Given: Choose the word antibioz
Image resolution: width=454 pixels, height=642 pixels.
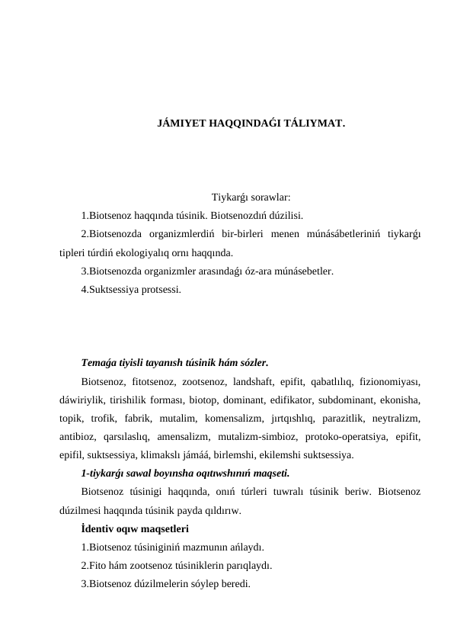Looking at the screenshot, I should (x=78, y=438).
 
